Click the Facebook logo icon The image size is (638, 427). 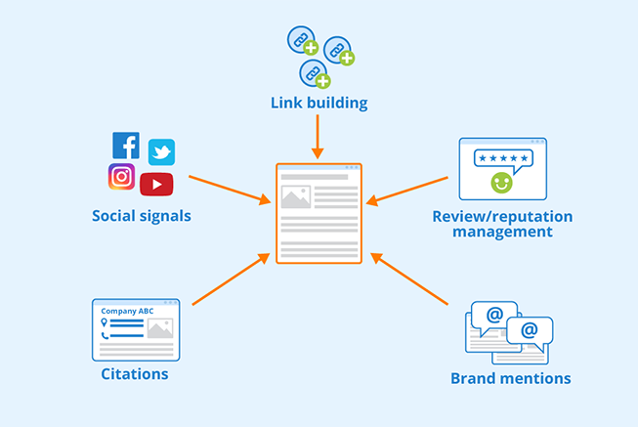[x=126, y=146]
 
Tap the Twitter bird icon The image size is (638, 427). [x=161, y=151]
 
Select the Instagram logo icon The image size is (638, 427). [x=121, y=177]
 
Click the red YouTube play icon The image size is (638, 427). [x=156, y=184]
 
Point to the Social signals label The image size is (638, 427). [x=142, y=216]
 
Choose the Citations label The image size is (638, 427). [x=135, y=374]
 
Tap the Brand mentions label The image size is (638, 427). [x=510, y=378]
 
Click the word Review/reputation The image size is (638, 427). [x=502, y=216]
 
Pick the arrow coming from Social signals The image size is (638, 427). [x=230, y=190]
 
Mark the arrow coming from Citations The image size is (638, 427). [x=231, y=280]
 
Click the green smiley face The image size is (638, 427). [x=502, y=182]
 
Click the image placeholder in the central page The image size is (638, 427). [x=295, y=197]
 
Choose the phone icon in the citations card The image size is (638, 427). [x=104, y=334]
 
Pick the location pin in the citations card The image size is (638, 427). [x=104, y=321]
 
